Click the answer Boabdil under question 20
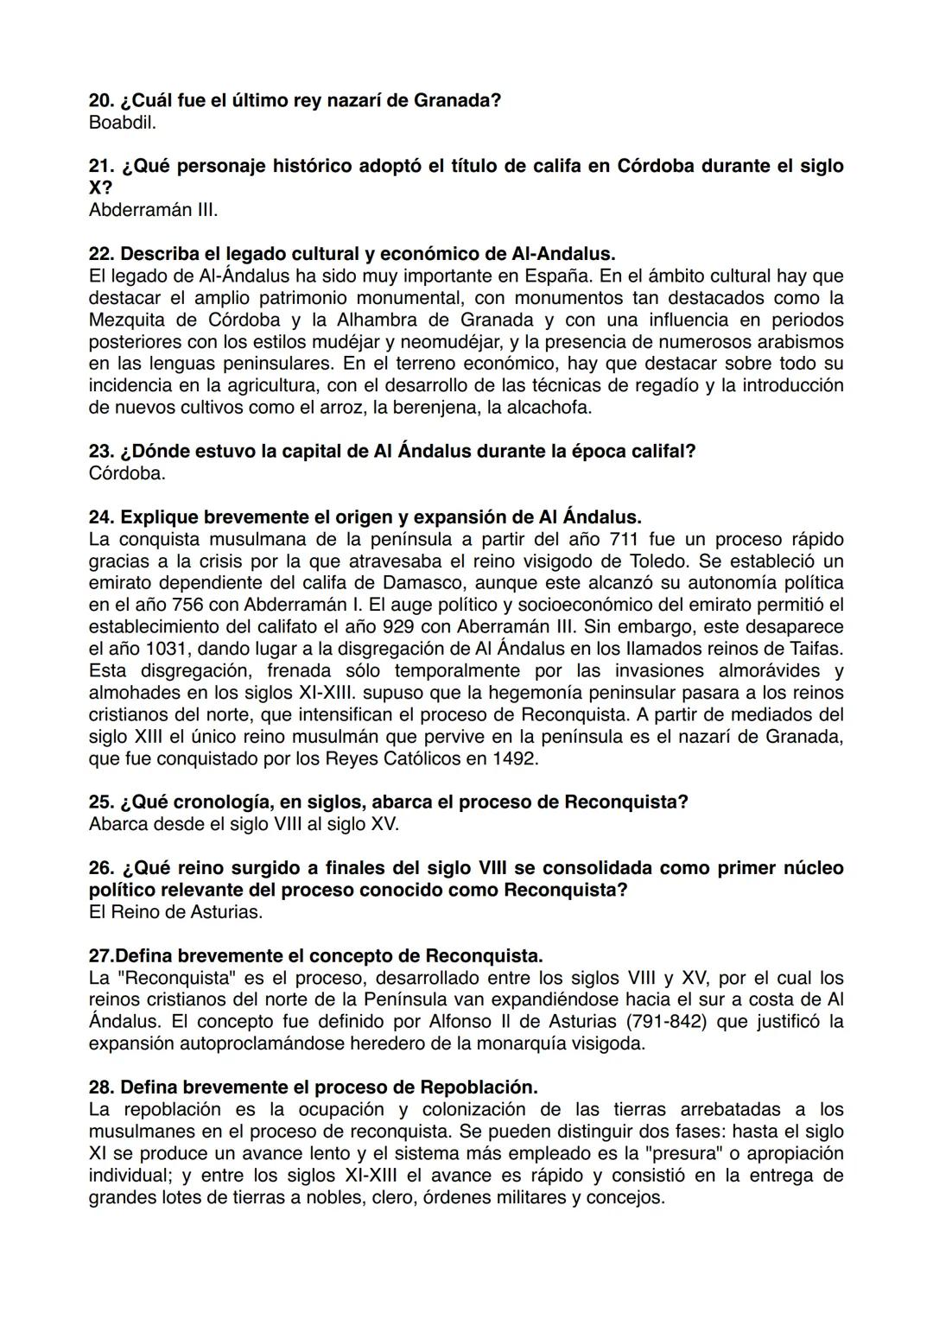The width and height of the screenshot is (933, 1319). point(122,123)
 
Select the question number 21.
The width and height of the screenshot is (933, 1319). point(101,166)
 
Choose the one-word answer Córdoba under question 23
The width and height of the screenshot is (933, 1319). point(126,473)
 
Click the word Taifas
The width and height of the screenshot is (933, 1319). point(814,649)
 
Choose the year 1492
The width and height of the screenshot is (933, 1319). point(516,758)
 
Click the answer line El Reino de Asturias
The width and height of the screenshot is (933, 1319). point(175,911)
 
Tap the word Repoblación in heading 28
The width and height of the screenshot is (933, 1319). point(478,1087)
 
